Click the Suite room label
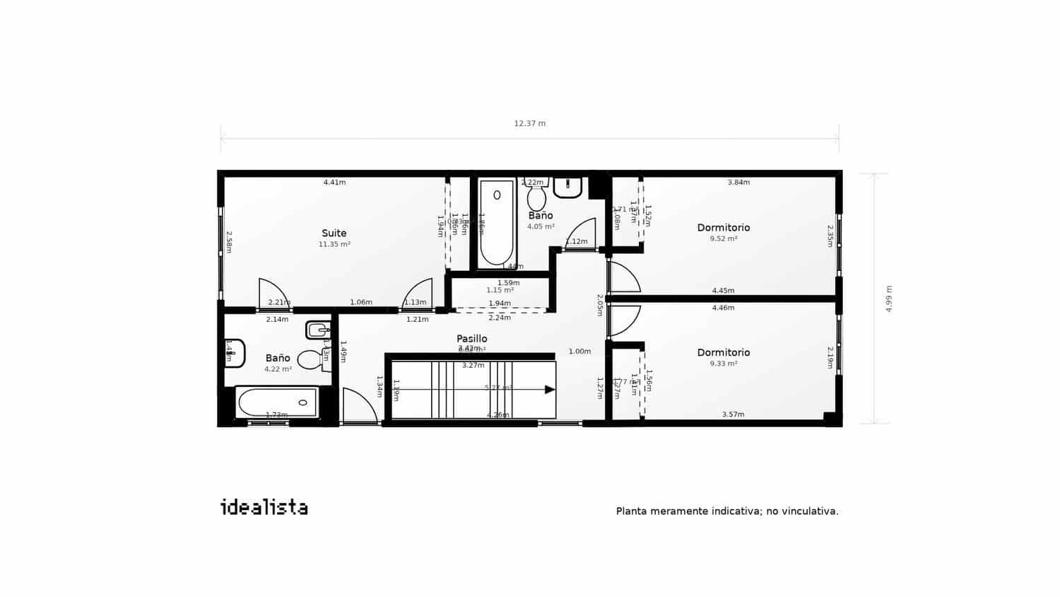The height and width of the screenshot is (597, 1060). pos(334,233)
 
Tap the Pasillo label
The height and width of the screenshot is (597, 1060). pos(471,339)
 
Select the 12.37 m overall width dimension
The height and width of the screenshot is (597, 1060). pos(529,124)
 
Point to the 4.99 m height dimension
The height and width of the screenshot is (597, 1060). pos(889,299)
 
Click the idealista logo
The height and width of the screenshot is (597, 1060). pos(264,507)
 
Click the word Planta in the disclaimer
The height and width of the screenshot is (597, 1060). pos(631,511)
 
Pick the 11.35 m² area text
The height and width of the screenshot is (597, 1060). pos(334,245)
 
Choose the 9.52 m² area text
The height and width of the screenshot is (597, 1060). pos(724,239)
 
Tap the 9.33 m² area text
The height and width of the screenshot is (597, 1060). pos(724,364)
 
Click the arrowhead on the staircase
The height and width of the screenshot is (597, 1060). pos(549,389)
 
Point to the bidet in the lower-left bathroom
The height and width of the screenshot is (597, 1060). pos(317,330)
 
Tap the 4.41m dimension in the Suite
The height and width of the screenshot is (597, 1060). pos(334,182)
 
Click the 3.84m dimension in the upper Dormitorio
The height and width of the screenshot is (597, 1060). pos(738,182)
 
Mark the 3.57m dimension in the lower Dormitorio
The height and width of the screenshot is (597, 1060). pos(733,415)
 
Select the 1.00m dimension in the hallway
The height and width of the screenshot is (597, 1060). pos(579,352)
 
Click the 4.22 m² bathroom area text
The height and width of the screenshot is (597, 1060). pos(278,369)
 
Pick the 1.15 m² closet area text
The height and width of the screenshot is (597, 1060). pos(500,290)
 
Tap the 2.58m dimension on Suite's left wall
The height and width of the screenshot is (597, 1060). pos(229,241)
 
